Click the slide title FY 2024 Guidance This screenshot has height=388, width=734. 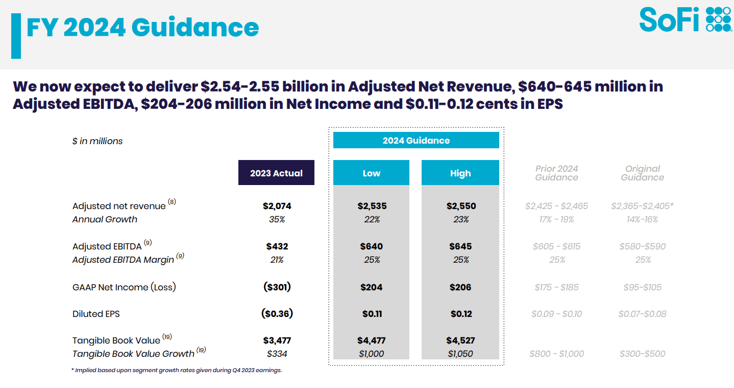142,28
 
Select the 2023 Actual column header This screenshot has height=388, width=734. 276,173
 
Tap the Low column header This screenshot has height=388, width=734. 371,173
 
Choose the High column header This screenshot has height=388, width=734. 460,173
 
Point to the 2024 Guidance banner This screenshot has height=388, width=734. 416,140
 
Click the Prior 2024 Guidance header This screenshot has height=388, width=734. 556,173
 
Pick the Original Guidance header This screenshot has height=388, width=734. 642,173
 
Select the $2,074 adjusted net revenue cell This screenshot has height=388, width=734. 277,206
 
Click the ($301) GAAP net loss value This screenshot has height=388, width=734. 277,287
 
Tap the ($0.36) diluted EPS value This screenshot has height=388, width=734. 277,313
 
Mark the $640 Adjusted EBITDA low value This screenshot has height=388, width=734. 371,246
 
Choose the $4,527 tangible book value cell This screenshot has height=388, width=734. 460,340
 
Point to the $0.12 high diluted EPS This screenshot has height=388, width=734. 460,313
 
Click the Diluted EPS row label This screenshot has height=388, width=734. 96,314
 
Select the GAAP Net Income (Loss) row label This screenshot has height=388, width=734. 124,287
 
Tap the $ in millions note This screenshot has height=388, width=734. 97,141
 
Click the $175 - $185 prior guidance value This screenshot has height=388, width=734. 556,287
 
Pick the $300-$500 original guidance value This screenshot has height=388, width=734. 642,354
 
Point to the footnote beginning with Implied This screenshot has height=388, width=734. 177,370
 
